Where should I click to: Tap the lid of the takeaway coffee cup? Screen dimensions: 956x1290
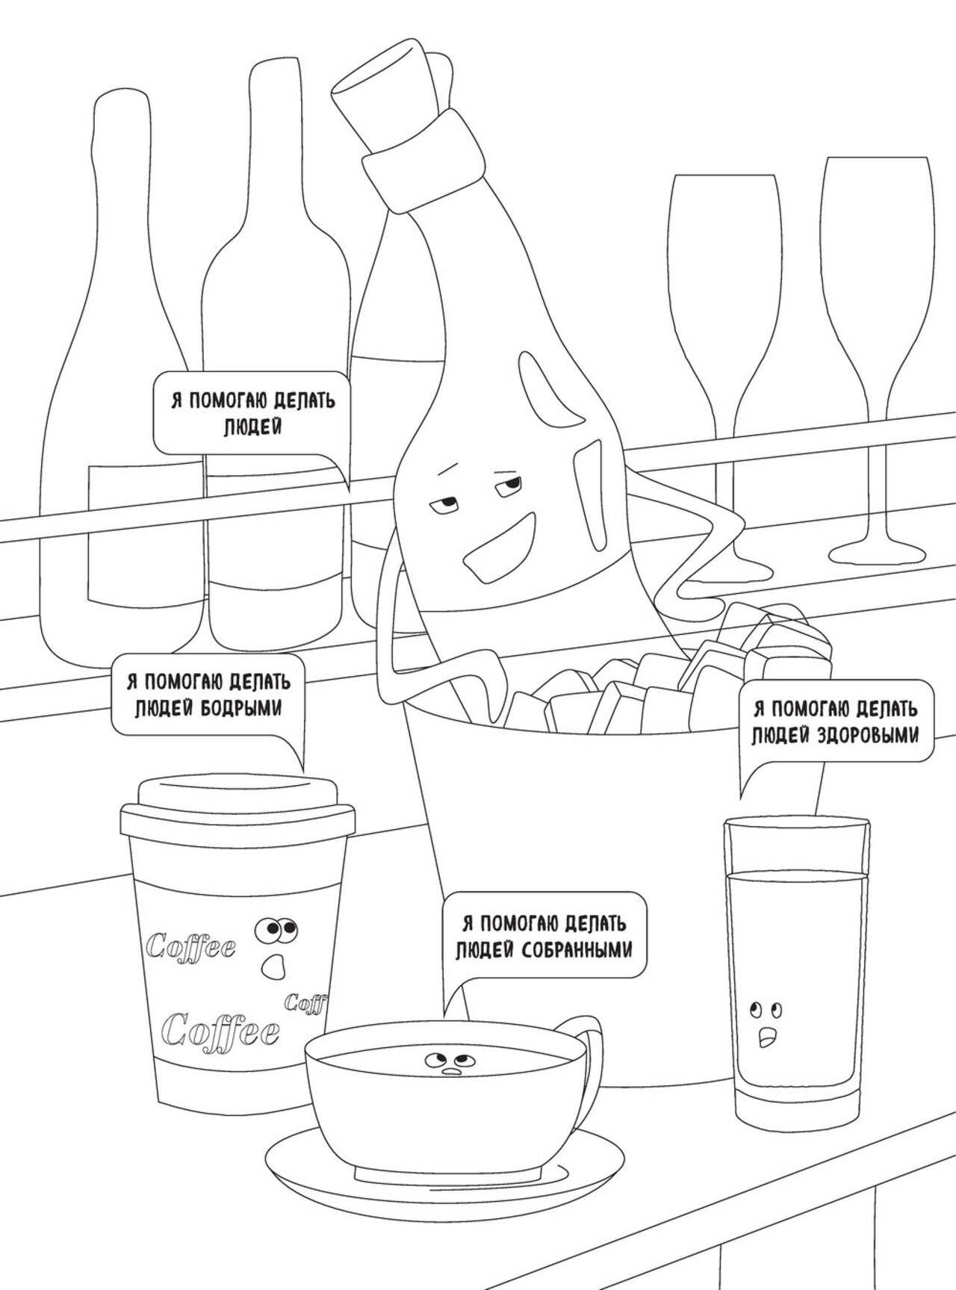(x=238, y=807)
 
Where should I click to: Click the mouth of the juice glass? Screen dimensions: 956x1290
(x=766, y=1037)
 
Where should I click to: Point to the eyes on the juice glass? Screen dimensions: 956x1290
(x=767, y=1011)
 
